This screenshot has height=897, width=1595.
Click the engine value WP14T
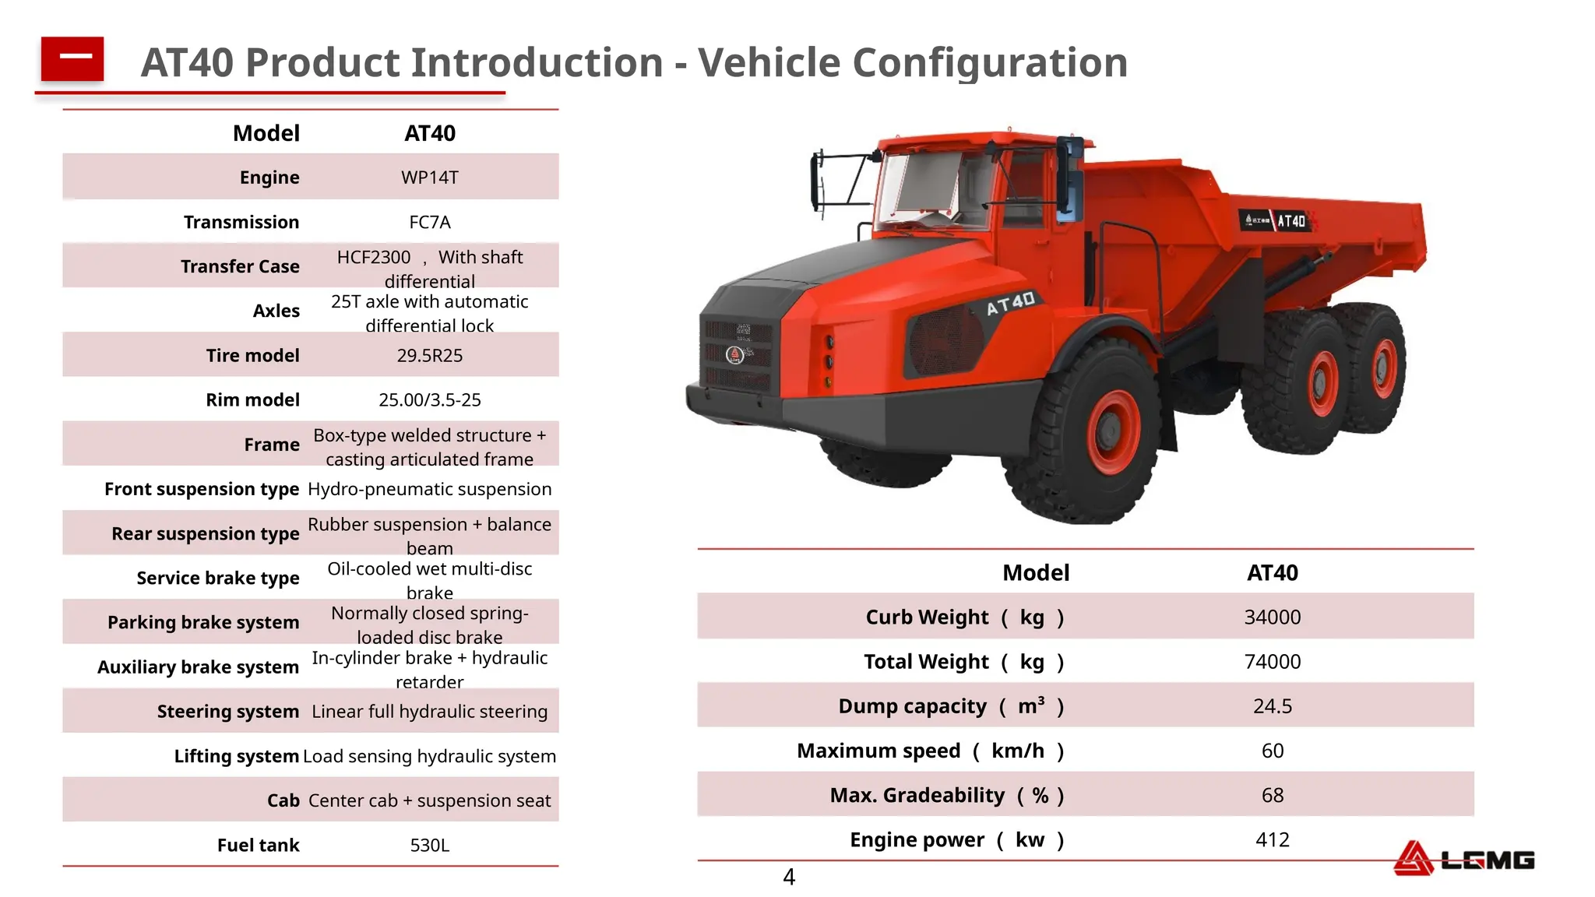coord(429,178)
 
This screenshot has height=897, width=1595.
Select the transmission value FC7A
coord(429,222)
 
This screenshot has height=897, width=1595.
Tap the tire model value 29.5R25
coord(429,356)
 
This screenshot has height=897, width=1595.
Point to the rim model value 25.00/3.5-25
coord(429,400)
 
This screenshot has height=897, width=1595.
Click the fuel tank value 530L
coord(429,846)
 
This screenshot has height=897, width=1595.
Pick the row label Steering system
coord(227,712)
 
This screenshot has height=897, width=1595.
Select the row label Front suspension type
coord(201,489)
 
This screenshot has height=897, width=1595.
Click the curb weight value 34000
coord(1272,617)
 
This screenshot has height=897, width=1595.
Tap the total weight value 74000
coord(1272,662)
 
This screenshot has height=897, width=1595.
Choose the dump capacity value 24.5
coord(1272,706)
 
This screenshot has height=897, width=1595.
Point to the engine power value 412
coord(1272,840)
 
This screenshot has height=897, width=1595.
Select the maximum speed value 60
coord(1272,751)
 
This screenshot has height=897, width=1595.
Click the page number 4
coord(788,878)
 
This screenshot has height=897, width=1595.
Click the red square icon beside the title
coord(72,58)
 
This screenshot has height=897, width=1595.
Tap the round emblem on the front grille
coord(734,355)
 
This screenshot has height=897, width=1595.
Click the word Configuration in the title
coord(990,62)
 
